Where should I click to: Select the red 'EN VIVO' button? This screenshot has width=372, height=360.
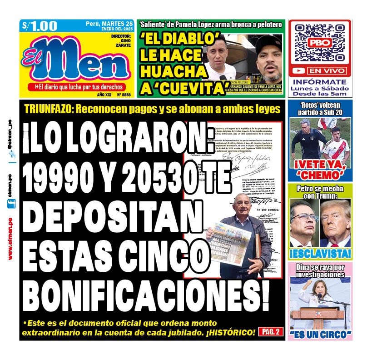326,71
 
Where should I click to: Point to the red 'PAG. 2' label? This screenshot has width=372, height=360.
271,332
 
